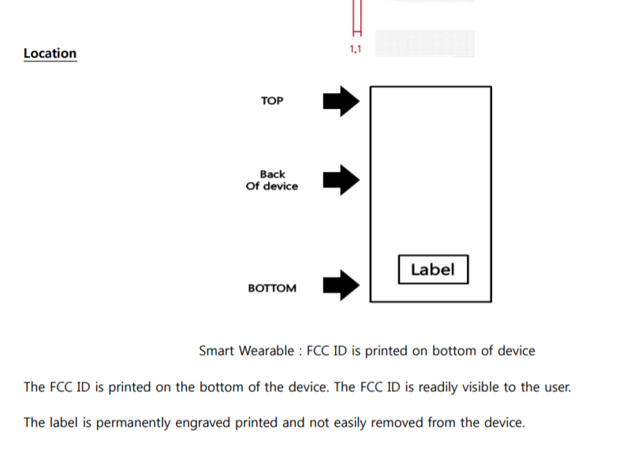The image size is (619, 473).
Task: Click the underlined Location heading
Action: (50, 54)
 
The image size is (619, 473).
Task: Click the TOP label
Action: (272, 101)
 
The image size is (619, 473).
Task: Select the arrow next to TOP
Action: (341, 101)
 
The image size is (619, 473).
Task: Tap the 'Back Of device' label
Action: (272, 180)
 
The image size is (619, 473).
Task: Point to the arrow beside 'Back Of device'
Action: (341, 180)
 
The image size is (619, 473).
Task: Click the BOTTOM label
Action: (272, 288)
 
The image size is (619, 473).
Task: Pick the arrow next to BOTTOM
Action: (341, 285)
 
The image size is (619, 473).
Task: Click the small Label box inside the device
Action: (433, 270)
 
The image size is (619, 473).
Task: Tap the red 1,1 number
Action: (355, 49)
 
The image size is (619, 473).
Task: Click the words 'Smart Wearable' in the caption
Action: (246, 351)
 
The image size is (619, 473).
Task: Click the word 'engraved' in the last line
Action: (207, 423)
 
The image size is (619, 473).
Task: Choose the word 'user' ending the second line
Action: (555, 387)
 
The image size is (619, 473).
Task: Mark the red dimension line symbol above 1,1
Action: (356, 19)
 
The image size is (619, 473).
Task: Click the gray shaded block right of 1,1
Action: (425, 43)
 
